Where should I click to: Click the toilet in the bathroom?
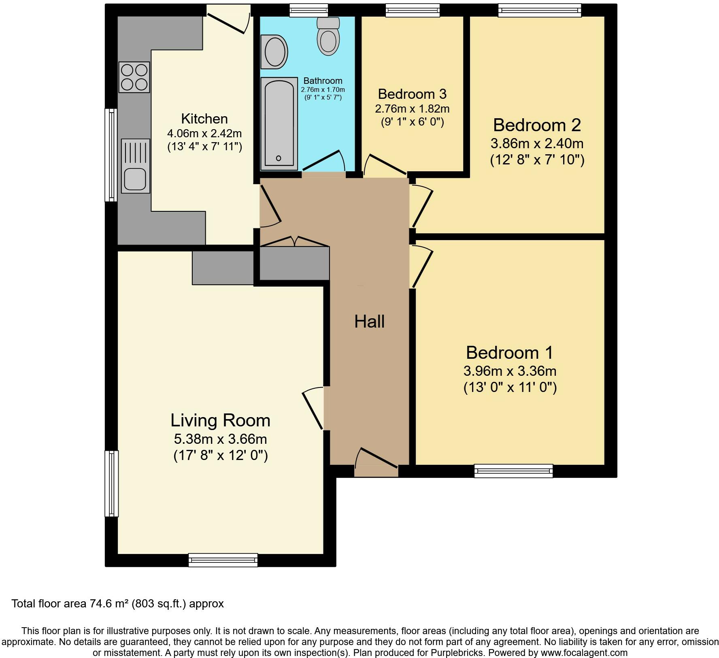pos(328,36)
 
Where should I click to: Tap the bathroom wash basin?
pos(274,52)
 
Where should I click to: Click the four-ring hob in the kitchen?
pos(134,77)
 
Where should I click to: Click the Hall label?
pos(369,322)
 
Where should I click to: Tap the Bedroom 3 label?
pos(412,94)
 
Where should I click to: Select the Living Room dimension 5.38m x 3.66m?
pos(220,439)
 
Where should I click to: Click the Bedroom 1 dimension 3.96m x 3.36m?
pos(510,371)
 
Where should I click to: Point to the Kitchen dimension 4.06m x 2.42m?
pos(204,133)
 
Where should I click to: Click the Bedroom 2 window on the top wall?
pos(540,11)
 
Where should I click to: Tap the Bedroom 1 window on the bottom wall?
pos(514,471)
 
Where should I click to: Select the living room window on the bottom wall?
pos(223,560)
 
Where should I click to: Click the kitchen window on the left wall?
pos(111,155)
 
